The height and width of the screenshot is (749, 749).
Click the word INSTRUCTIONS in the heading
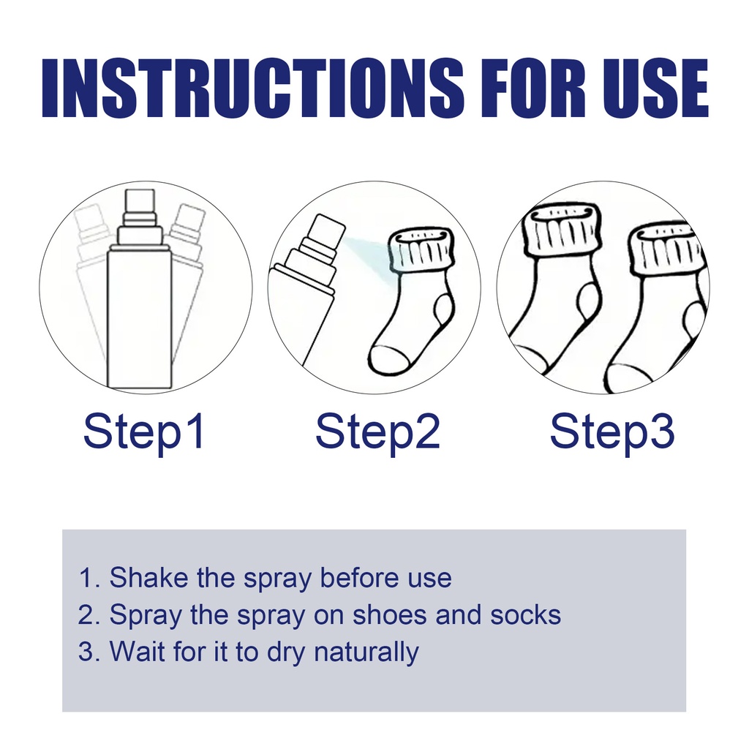(252, 89)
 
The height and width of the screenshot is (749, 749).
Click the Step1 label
(144, 432)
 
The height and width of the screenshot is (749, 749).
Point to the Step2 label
(377, 432)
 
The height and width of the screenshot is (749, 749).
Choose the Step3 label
(612, 432)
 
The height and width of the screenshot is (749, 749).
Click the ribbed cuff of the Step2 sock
(421, 251)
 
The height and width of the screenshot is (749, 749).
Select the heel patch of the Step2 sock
(444, 308)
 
